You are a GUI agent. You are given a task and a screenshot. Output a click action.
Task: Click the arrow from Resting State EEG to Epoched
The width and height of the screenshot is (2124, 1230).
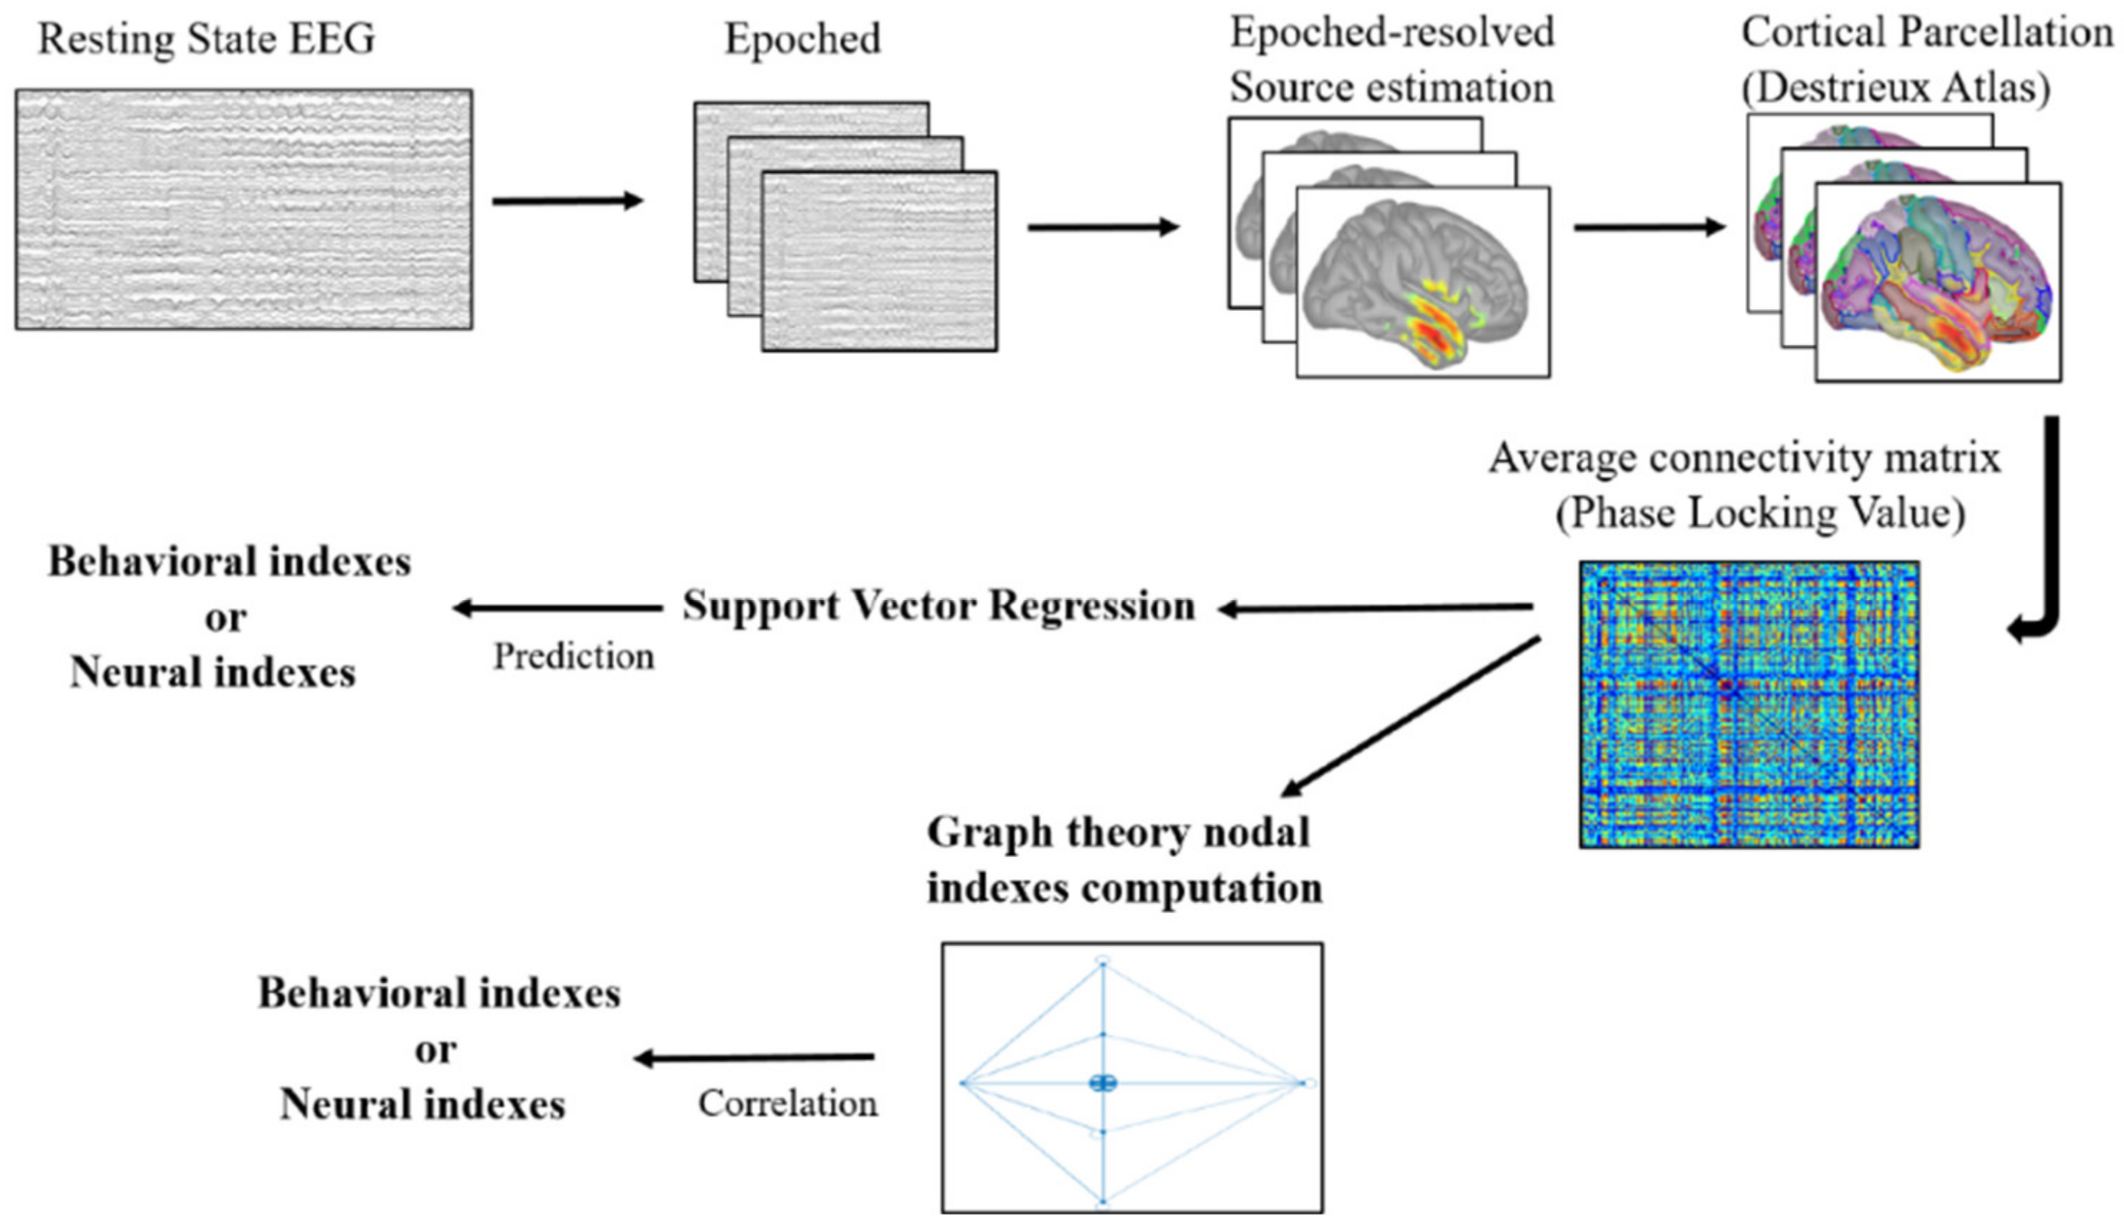(x=568, y=201)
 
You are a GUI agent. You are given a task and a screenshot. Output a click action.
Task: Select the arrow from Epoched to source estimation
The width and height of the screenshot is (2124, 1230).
(x=1102, y=227)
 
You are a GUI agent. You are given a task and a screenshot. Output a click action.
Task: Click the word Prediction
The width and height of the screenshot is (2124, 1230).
(x=573, y=657)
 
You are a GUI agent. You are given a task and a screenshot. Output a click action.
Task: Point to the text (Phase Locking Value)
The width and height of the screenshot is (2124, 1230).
(x=1760, y=513)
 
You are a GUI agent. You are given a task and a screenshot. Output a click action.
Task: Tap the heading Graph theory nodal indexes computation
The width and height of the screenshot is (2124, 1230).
(x=1124, y=861)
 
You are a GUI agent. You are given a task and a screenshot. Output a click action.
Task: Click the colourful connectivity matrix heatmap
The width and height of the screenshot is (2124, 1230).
(x=1749, y=704)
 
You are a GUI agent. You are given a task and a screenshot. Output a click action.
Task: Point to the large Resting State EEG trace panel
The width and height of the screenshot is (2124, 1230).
(x=244, y=209)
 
